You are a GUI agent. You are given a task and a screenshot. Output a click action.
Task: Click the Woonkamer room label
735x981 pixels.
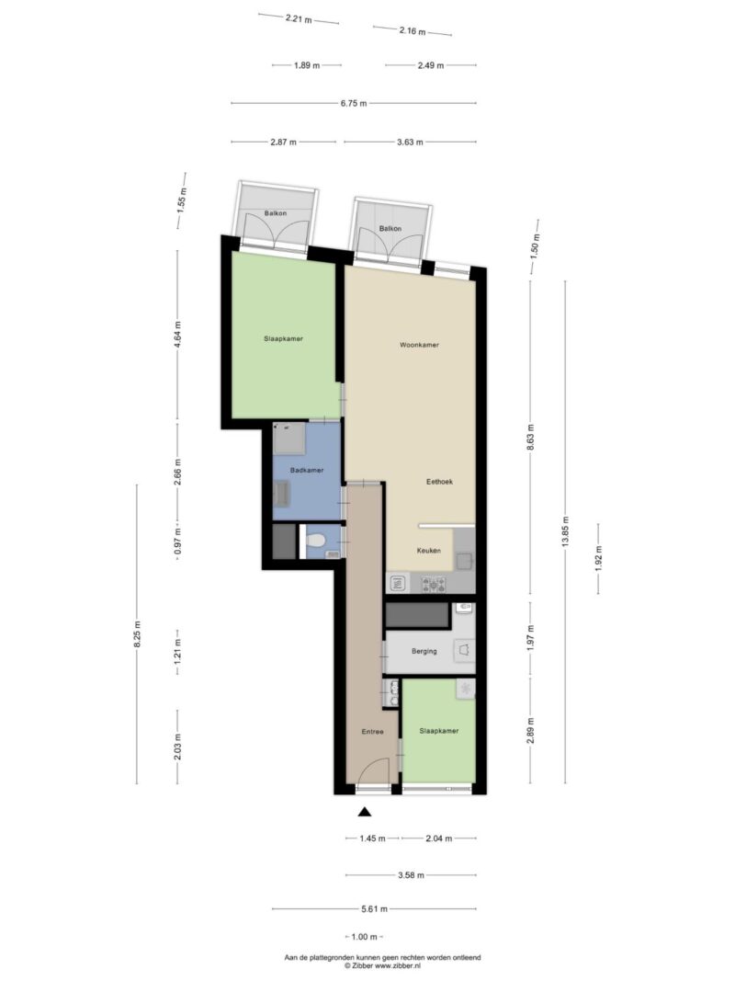click(x=419, y=345)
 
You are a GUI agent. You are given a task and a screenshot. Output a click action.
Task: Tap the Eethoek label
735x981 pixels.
click(x=439, y=482)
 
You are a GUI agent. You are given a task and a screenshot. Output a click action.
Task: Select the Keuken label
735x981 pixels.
click(x=429, y=551)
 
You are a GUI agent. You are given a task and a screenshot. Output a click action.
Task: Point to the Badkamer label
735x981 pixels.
click(x=307, y=470)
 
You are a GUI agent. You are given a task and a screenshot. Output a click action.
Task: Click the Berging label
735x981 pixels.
click(x=424, y=651)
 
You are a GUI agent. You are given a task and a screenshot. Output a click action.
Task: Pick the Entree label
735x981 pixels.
click(x=372, y=731)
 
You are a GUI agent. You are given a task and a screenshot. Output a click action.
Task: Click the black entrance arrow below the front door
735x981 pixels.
click(x=365, y=812)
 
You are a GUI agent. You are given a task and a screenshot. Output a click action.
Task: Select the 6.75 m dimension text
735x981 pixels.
click(x=354, y=104)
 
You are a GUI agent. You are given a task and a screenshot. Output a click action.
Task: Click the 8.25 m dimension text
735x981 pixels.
click(x=138, y=633)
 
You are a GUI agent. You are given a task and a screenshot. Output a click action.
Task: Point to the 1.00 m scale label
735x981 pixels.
click(x=365, y=937)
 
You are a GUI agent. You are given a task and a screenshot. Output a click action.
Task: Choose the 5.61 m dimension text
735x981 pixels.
click(x=374, y=909)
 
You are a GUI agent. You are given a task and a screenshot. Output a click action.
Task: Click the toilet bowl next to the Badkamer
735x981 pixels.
click(x=316, y=541)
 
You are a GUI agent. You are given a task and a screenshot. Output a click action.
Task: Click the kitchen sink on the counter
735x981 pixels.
click(x=398, y=585)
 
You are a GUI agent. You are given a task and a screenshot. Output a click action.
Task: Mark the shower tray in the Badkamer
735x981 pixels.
click(x=289, y=439)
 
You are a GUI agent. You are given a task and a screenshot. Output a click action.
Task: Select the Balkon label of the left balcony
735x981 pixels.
click(x=276, y=213)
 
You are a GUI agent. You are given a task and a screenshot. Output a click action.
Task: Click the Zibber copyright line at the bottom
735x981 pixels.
click(x=382, y=966)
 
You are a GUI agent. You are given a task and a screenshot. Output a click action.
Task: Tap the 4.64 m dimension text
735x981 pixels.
click(x=178, y=334)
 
